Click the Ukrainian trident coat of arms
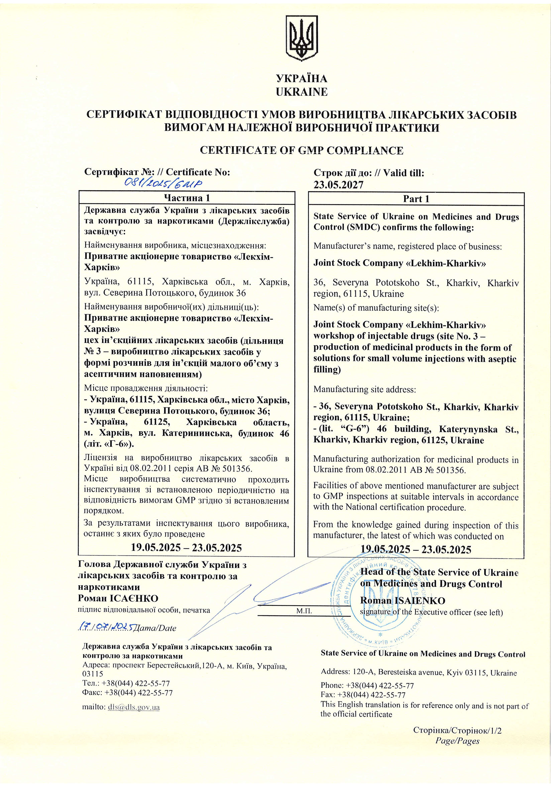pos(302,38)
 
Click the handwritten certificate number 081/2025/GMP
pos(163,183)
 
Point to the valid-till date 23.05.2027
pos(338,185)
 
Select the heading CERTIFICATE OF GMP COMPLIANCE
pos(301,151)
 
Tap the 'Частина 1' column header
pos(187,198)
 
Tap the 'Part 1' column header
pos(416,199)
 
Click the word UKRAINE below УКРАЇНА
pos(301,92)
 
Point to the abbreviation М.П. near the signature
pos(304,611)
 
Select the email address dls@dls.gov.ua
pos(134,707)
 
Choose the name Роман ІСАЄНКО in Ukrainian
pos(118,599)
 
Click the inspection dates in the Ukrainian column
pos(186,547)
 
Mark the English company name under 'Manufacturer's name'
pos(400,263)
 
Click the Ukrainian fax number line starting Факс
pos(127,693)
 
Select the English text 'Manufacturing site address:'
pos(365,389)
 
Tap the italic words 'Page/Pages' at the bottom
pos(457,741)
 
